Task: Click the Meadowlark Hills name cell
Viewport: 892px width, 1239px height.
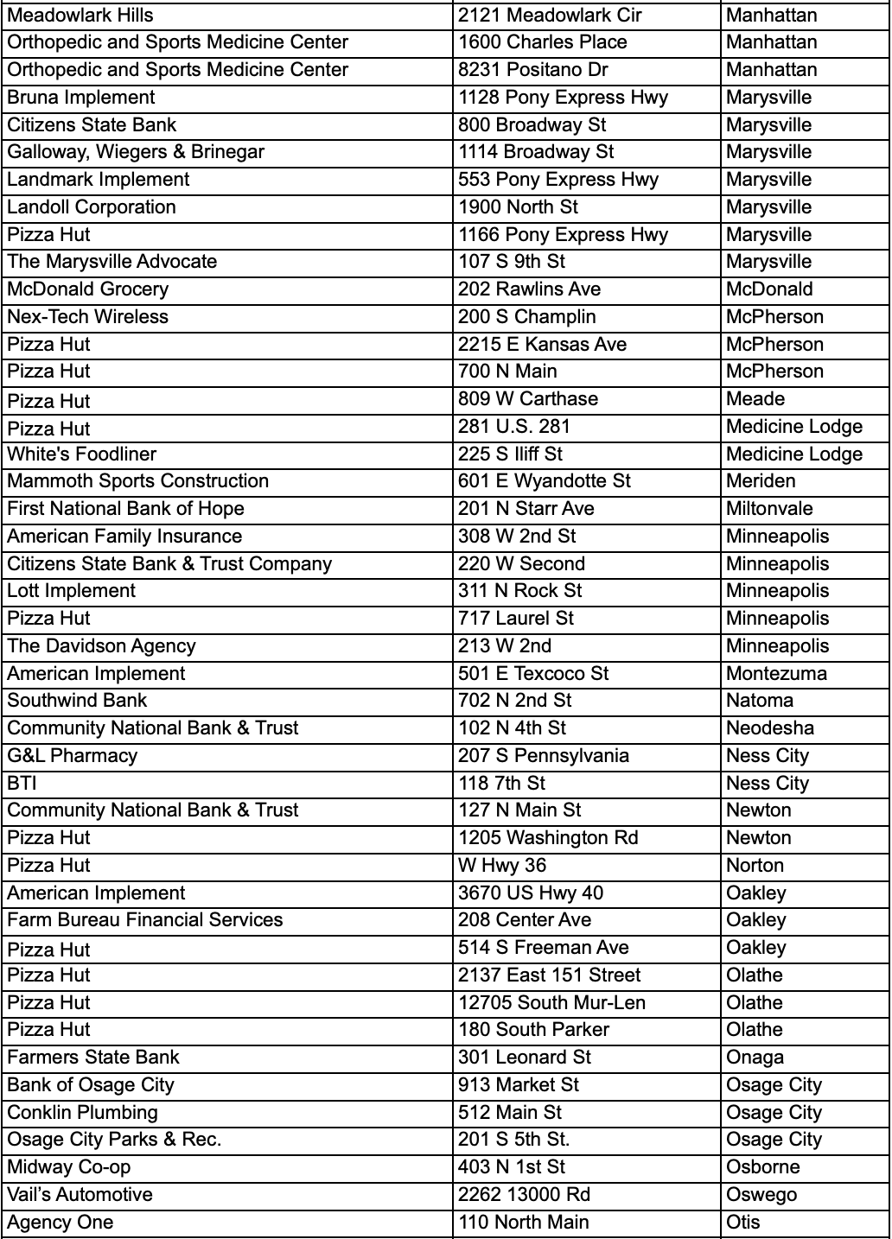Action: [x=80, y=15]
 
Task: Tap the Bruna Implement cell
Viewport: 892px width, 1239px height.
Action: [x=81, y=98]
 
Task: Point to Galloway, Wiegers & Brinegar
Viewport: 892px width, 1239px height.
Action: [x=136, y=152]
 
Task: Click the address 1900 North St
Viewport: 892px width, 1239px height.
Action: [x=519, y=207]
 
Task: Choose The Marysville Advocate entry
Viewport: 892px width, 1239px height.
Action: [x=112, y=262]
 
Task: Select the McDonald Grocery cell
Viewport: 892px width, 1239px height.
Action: [x=88, y=289]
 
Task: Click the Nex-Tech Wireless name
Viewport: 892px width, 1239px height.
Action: [x=88, y=317]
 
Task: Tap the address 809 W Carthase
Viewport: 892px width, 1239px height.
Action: [x=528, y=399]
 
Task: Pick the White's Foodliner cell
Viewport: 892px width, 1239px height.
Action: [x=82, y=454]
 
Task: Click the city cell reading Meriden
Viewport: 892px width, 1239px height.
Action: [x=761, y=481]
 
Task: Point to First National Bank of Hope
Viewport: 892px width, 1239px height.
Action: [x=126, y=509]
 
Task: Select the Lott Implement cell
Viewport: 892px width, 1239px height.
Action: [x=72, y=591]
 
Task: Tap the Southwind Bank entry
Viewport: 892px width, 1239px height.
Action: [x=78, y=701]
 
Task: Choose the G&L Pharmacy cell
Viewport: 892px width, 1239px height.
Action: [x=73, y=756]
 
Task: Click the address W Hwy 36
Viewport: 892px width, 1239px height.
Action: [x=502, y=866]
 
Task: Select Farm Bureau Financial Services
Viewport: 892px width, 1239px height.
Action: [x=145, y=920]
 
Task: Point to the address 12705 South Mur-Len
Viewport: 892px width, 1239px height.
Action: [x=551, y=1003]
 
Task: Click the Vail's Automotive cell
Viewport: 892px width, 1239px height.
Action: [x=80, y=1195]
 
